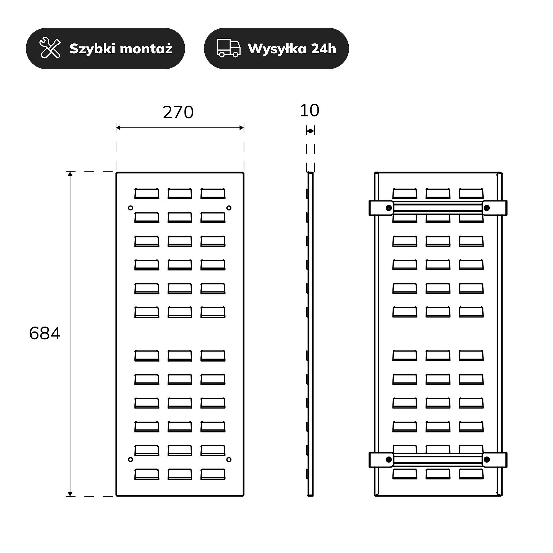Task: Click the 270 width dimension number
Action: coord(178,112)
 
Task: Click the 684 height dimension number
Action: coord(45,333)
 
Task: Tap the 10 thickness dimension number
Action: coord(309,111)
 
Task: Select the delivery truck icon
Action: coord(228,48)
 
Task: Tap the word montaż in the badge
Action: coord(146,49)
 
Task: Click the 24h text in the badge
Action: coord(324,49)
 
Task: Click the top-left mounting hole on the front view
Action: coord(131,208)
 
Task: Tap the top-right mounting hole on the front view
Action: coord(229,208)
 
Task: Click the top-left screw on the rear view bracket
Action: coord(389,208)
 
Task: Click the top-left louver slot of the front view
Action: coord(147,194)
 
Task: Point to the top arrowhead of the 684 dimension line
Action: coord(70,174)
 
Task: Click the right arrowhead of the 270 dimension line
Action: coord(241,128)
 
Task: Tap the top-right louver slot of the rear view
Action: coord(471,194)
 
